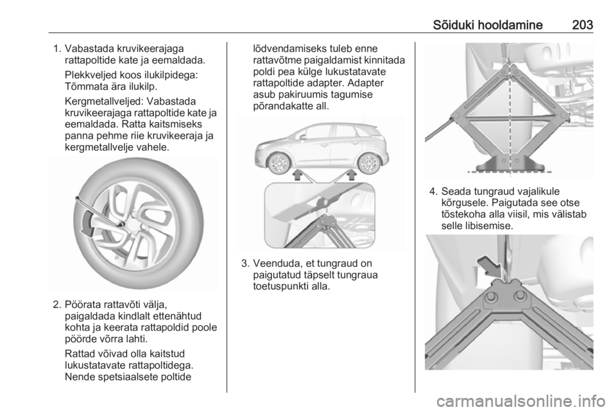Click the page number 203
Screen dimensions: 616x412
click(x=583, y=25)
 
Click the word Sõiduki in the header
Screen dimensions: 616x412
click(x=456, y=25)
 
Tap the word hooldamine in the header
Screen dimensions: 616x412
click(x=513, y=25)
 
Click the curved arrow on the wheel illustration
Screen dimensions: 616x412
click(x=88, y=223)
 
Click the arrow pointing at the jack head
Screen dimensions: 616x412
click(x=490, y=264)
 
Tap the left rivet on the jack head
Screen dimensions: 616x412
click(x=491, y=297)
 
